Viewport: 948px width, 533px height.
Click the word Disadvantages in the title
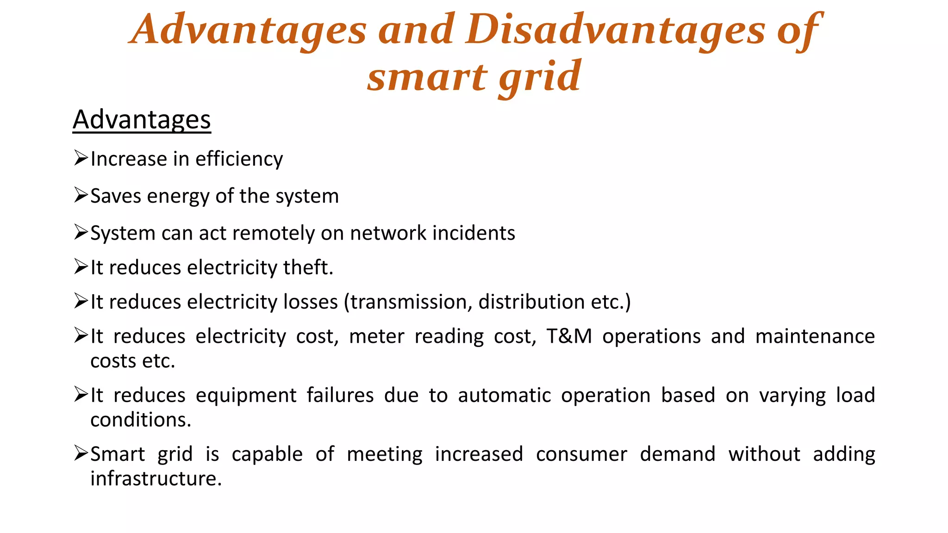click(615, 30)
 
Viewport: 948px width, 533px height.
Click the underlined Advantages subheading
click(142, 120)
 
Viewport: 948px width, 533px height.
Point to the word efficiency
click(239, 159)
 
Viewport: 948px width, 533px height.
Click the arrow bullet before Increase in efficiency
click(81, 158)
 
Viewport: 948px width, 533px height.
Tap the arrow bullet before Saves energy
click(81, 195)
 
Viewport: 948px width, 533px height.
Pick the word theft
click(308, 268)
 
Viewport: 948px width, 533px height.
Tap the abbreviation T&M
click(569, 336)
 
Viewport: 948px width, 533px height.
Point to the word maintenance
click(815, 336)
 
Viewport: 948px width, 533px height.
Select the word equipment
click(246, 396)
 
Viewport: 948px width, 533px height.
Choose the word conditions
click(140, 420)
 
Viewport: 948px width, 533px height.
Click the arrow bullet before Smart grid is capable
click(81, 453)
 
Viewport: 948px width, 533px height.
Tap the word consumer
click(581, 454)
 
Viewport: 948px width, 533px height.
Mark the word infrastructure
click(156, 479)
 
